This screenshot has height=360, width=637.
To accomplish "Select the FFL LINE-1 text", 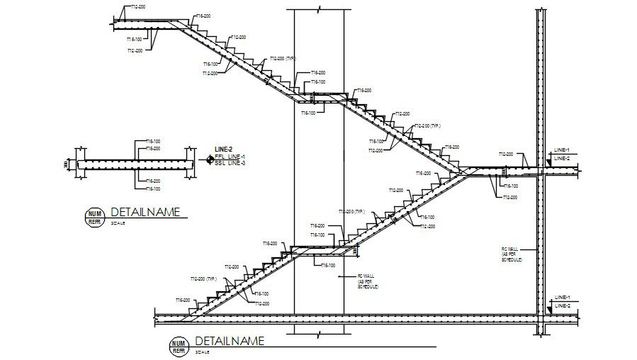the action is [230, 157].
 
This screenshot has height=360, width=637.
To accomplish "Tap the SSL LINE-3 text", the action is [230, 163].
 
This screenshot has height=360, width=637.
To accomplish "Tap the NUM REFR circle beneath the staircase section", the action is [179, 347].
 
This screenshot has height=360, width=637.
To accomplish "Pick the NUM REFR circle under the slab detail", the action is [94, 217].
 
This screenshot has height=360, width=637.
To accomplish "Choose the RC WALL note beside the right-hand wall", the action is [511, 254].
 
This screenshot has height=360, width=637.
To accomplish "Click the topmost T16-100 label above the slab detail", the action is [152, 141].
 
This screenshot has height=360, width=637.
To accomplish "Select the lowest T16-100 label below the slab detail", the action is [152, 189].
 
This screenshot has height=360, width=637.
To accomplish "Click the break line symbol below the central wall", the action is [319, 332].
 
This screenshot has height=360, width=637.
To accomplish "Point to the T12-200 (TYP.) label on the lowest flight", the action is [203, 279].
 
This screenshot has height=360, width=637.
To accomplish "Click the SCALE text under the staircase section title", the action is [201, 352].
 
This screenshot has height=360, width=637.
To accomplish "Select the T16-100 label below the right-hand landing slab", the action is [509, 186].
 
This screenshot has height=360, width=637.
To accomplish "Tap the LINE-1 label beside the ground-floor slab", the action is [563, 297].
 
